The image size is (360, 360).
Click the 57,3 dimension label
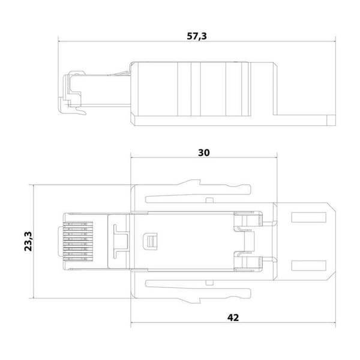[197, 36]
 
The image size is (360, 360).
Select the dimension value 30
[203, 152]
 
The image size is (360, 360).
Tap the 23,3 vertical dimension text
[28, 241]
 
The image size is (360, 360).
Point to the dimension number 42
[233, 317]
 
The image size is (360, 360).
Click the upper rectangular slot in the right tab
[309, 217]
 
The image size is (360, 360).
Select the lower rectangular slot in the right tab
[309, 265]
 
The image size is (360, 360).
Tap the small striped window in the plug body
[150, 241]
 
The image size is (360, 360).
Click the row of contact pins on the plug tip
[78, 241]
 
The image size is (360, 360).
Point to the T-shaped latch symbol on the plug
[121, 241]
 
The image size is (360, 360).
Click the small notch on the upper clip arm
[209, 200]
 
